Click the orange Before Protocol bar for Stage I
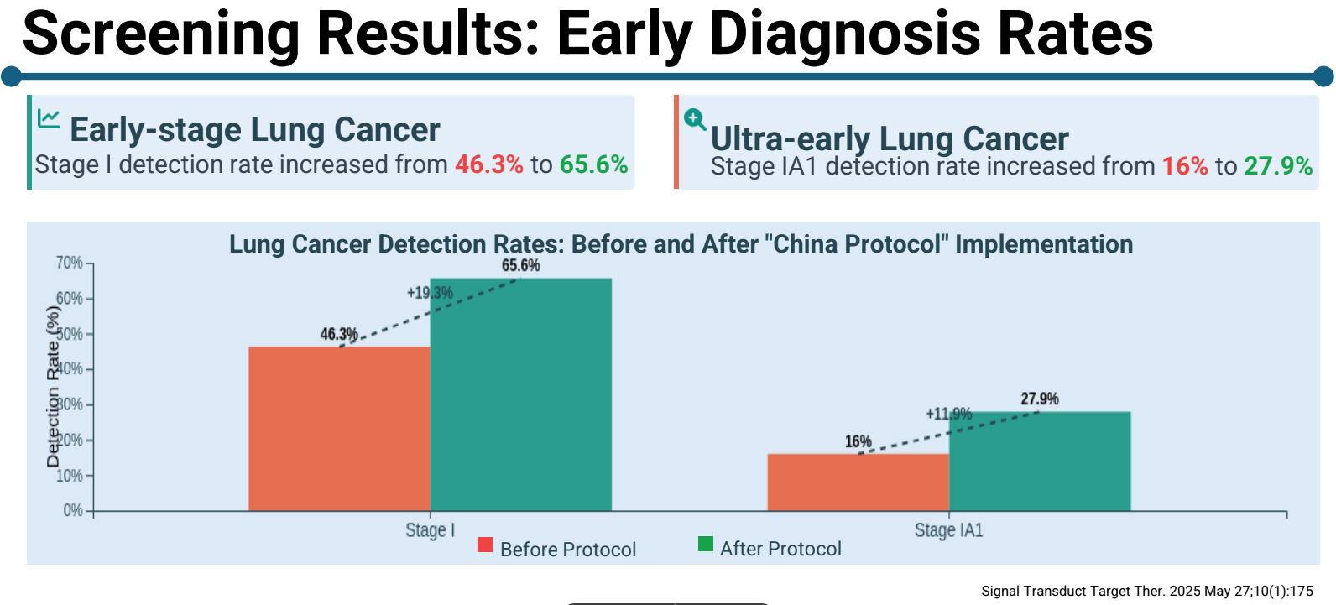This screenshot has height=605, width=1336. coord(339,428)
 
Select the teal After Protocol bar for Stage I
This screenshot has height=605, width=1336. coord(520,394)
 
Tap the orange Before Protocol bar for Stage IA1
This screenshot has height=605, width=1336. coord(858,482)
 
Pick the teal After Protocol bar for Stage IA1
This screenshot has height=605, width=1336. coord(1040,461)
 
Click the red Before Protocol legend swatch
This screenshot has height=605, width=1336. coord(485,545)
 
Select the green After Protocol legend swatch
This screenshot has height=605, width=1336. coord(706,545)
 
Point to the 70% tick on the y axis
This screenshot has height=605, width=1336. coord(70,263)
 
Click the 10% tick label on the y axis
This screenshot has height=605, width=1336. coord(70,476)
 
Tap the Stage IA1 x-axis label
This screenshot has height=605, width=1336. coord(948,530)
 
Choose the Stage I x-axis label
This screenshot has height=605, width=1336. coord(430,530)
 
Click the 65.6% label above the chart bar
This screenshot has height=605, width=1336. coord(520,266)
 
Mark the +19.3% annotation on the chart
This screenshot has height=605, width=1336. coord(430,293)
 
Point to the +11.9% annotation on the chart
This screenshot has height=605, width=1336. coord(948,414)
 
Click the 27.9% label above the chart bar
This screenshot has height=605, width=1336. coord(1040,399)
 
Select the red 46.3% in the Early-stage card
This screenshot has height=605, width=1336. coord(489,164)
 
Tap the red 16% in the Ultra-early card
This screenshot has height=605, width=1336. coord(1185,166)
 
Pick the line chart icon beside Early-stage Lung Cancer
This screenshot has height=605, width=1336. coord(49,118)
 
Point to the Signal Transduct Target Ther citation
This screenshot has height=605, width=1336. coord(1146,591)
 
